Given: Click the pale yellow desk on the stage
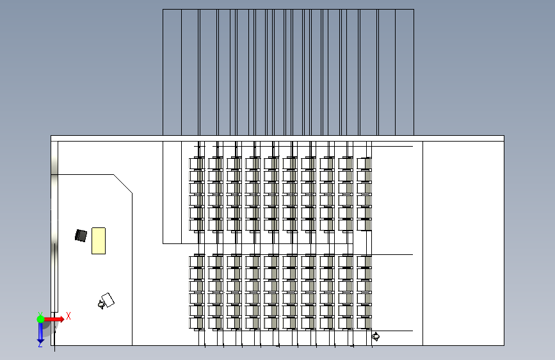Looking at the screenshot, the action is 98,240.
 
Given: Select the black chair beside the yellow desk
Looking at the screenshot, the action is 81,236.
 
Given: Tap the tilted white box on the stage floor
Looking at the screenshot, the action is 108,300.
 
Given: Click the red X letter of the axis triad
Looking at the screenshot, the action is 68,316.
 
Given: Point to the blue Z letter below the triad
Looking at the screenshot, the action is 40,343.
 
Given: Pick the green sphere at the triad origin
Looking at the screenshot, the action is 40,319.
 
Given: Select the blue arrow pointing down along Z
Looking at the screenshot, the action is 40,332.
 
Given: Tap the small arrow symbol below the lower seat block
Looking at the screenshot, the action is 376,336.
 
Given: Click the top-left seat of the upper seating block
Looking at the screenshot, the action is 197,163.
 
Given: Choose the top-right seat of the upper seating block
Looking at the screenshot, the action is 364,163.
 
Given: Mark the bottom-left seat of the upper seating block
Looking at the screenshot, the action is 197,224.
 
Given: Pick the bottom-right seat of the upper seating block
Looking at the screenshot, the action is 364,224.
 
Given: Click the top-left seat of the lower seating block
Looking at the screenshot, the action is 197,261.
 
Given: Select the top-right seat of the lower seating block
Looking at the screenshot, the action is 364,261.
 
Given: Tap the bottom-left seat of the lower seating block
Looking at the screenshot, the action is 197,322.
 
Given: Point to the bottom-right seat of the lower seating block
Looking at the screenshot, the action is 364,322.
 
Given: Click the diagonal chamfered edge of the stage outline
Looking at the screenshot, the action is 123,183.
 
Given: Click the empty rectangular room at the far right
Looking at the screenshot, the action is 463,243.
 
